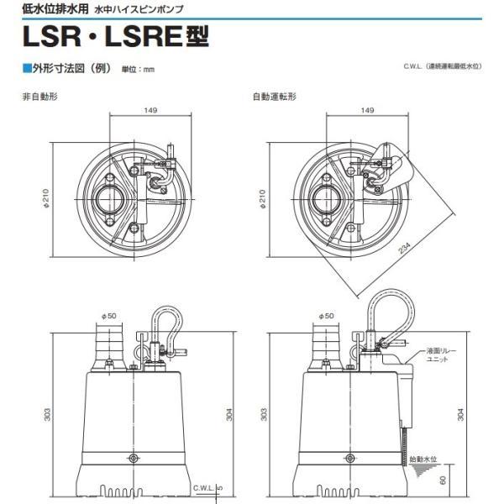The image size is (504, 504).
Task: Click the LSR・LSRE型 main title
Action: click(x=116, y=37)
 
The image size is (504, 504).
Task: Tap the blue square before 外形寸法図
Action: click(x=27, y=69)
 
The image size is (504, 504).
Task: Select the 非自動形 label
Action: click(x=39, y=97)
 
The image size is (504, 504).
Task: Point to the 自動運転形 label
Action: click(x=275, y=97)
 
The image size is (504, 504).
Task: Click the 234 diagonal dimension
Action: click(x=405, y=249)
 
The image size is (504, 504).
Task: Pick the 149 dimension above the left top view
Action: click(x=150, y=110)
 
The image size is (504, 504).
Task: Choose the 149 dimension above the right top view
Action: click(x=367, y=110)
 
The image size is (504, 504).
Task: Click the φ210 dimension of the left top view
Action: click(x=46, y=198)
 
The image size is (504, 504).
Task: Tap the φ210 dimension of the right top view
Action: click(x=263, y=198)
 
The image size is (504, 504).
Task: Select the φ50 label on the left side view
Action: click(x=109, y=316)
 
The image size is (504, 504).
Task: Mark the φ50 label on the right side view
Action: click(x=326, y=316)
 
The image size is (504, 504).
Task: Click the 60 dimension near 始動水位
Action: click(x=443, y=480)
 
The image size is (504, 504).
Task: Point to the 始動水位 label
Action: click(x=423, y=459)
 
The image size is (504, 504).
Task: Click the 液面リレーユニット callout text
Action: click(x=437, y=354)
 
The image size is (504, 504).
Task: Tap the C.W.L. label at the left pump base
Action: click(x=204, y=488)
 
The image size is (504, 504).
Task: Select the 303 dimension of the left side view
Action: click(x=47, y=415)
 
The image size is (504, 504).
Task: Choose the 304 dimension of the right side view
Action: click(x=460, y=415)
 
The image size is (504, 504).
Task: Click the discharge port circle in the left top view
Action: click(x=108, y=199)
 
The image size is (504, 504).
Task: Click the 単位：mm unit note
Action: click(x=138, y=69)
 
